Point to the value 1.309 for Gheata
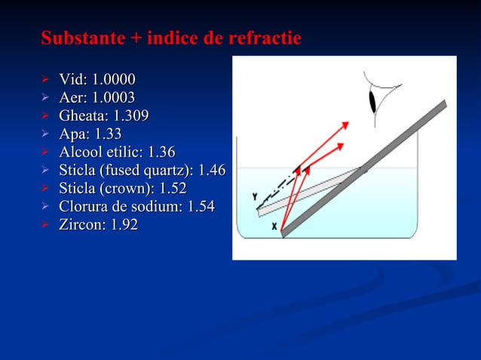coord(130,116)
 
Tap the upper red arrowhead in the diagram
coord(348,123)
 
